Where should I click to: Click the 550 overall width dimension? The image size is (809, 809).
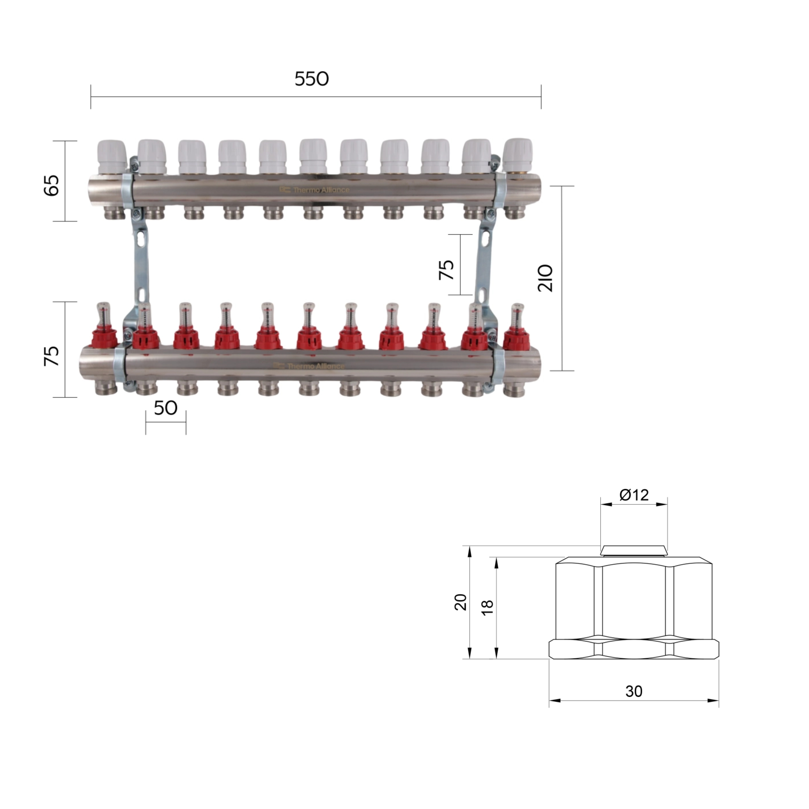pos(311,79)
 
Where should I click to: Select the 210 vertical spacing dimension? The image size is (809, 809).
pos(545,278)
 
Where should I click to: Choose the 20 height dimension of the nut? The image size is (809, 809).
pos(461,602)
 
